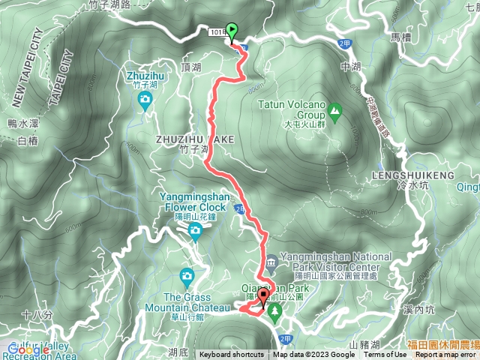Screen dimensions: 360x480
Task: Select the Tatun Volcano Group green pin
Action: click(x=334, y=113)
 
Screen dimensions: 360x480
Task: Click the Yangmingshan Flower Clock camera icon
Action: click(x=195, y=231)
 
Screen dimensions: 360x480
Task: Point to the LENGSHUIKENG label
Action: click(x=413, y=175)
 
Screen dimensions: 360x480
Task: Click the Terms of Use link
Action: click(x=385, y=355)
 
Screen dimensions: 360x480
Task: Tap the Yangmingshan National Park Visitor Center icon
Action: click(x=271, y=261)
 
